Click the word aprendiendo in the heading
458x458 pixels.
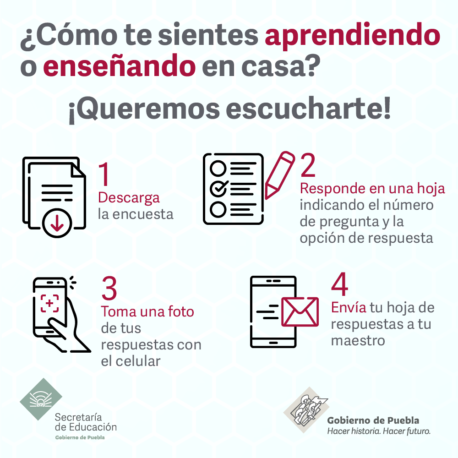pyautogui.click(x=353, y=36)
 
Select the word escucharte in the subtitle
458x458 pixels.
pyautogui.click(x=308, y=109)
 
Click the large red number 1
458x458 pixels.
pyautogui.click(x=104, y=174)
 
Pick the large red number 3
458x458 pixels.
pyautogui.click(x=109, y=289)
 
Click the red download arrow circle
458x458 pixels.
pyautogui.click(x=57, y=223)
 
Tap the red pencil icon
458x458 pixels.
pyautogui.click(x=279, y=175)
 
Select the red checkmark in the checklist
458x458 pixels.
pyautogui.click(x=219, y=188)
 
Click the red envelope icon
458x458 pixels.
pyautogui.click(x=300, y=312)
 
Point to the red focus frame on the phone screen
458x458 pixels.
pyautogui.click(x=49, y=303)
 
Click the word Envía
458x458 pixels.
pyautogui.click(x=349, y=308)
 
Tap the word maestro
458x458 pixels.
pyautogui.click(x=358, y=341)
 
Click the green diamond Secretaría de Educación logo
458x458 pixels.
pyautogui.click(x=41, y=399)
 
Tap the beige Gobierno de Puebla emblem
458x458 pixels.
pyautogui.click(x=306, y=409)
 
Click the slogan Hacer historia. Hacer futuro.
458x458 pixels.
pyautogui.click(x=379, y=431)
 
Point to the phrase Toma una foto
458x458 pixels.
pyautogui.click(x=147, y=311)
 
